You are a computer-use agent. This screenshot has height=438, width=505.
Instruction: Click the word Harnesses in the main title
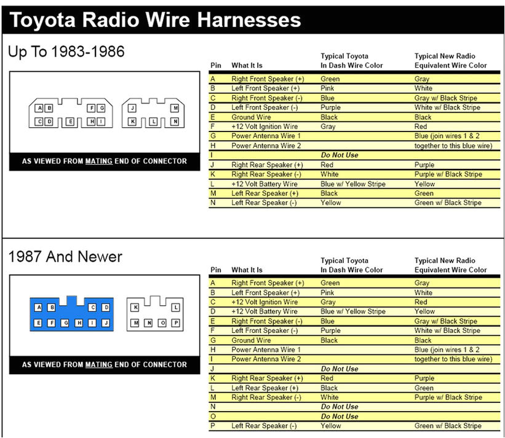coord(249,20)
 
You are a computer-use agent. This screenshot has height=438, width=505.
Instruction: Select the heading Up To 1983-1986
coord(66,52)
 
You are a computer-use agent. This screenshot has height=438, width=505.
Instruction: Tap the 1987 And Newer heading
coord(65,256)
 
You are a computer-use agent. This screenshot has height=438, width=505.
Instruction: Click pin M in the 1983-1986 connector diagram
coord(175,108)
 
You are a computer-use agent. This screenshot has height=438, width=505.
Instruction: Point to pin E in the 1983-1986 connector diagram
coord(70,122)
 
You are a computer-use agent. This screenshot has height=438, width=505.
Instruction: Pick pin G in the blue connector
coord(65,322)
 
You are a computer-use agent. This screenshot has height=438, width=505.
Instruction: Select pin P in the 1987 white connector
coord(176,323)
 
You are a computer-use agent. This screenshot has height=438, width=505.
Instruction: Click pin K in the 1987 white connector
coord(135,307)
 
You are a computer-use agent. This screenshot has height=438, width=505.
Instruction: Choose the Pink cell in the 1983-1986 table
coord(328,88)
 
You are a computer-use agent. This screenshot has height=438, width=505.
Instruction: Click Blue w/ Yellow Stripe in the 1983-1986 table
coord(352,184)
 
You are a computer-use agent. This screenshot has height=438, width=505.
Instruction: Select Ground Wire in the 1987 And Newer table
coord(251,340)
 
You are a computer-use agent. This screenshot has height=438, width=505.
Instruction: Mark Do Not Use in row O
coord(340,416)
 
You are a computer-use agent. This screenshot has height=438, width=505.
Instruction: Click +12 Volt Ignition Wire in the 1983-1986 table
coord(264,127)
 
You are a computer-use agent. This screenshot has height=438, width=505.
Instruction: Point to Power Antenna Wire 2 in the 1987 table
coord(266,359)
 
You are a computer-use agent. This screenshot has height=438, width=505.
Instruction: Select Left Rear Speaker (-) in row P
coord(264,426)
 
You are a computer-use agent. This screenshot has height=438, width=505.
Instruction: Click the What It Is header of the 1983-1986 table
coord(247,66)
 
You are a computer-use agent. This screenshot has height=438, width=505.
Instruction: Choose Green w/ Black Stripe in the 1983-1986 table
coord(448,203)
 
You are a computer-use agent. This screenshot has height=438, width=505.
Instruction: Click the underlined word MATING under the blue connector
coord(98,364)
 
